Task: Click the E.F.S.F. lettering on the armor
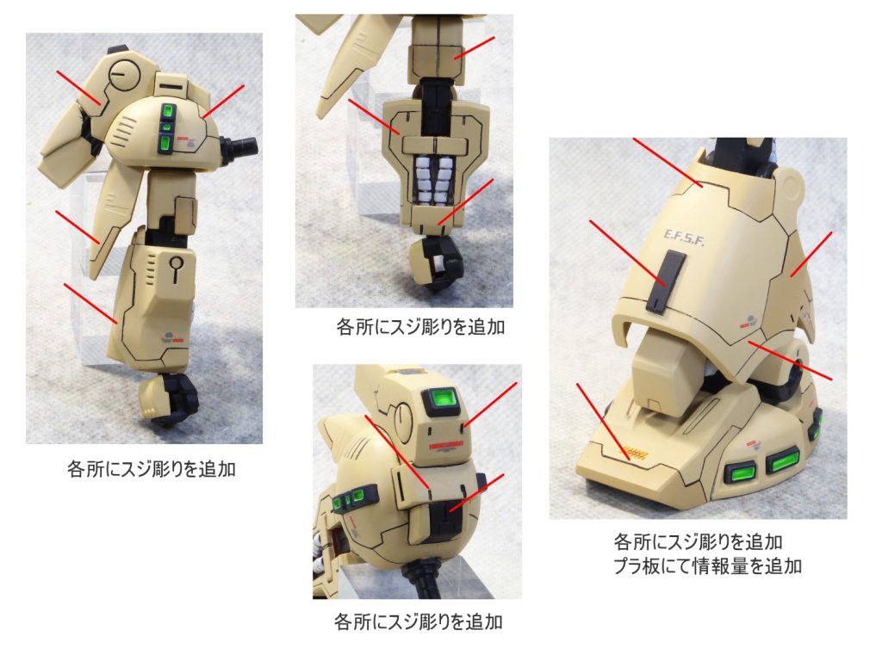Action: click(684, 238)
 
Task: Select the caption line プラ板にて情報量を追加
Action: click(707, 565)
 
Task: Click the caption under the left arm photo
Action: click(151, 469)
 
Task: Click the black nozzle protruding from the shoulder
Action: click(239, 148)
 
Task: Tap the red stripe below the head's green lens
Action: click(446, 446)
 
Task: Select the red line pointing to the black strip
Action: click(628, 253)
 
